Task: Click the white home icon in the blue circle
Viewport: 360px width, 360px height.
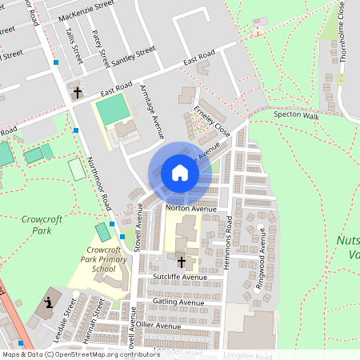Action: (180, 173)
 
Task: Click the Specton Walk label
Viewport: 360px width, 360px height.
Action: (296, 116)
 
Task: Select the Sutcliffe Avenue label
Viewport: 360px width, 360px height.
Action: (180, 277)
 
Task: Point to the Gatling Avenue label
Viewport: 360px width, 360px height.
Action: (180, 302)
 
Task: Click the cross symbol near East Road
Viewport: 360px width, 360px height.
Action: (78, 93)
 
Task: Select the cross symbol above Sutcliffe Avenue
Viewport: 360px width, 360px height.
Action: (181, 262)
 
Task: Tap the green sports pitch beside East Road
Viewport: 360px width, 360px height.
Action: (111, 108)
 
